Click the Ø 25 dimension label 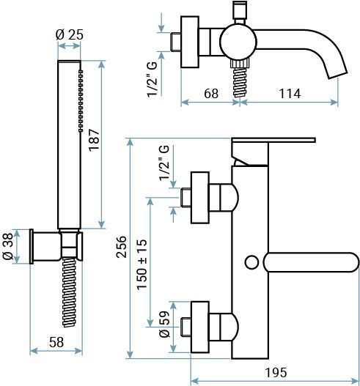(x=68, y=35)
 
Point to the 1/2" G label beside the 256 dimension (x=164, y=163)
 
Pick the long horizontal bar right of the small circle (x=312, y=261)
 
